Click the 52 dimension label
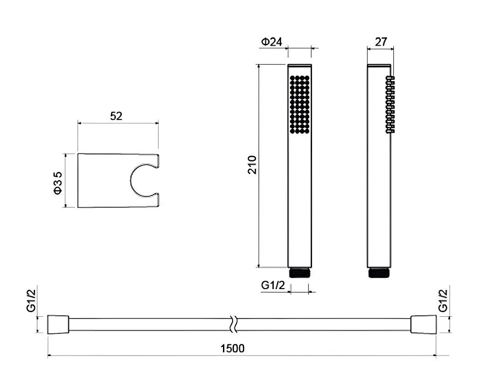[x=116, y=116]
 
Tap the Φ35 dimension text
[x=58, y=183]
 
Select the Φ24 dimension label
[x=271, y=41]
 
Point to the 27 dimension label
[x=381, y=41]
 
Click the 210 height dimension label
[x=252, y=165]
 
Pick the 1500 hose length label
[x=233, y=348]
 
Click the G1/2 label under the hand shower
[x=273, y=285]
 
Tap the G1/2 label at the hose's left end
[x=31, y=301]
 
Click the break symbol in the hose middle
[x=234, y=324]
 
